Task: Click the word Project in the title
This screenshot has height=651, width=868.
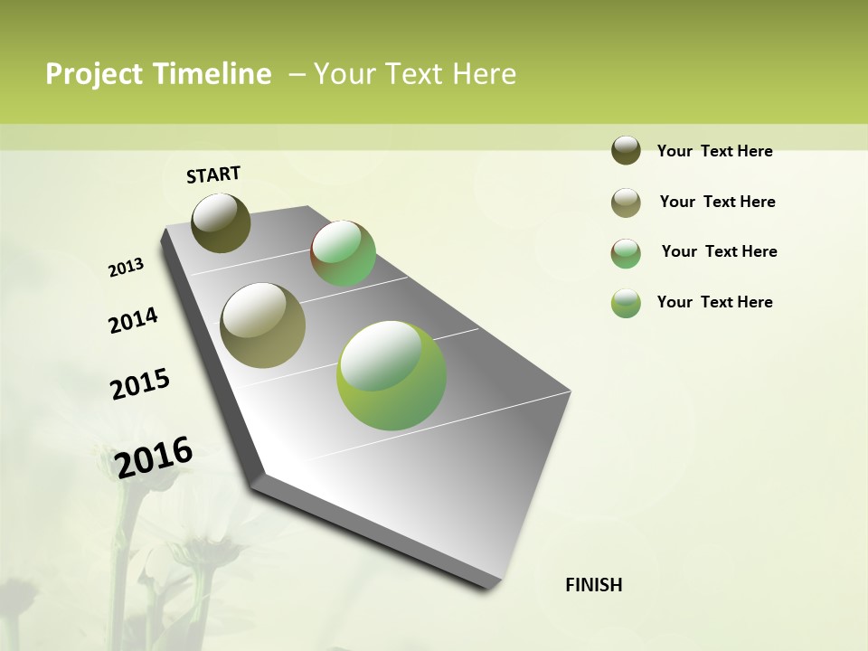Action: click(92, 75)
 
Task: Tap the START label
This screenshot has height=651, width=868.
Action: click(213, 175)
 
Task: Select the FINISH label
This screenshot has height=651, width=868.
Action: click(594, 585)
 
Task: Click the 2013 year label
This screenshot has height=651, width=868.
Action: click(126, 268)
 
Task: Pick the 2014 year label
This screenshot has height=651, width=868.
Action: click(133, 320)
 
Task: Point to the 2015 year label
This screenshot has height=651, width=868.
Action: click(140, 383)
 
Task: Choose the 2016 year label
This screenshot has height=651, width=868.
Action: click(154, 457)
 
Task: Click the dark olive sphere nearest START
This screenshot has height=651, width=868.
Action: click(221, 222)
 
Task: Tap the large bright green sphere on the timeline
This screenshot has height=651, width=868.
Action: click(392, 375)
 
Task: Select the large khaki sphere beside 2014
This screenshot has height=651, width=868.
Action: click(263, 325)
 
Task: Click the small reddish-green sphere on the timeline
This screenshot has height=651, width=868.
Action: click(344, 253)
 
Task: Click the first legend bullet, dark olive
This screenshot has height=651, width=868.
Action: click(626, 151)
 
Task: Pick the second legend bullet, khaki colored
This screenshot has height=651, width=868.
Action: click(626, 203)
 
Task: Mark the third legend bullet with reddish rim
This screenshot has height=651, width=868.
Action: click(626, 253)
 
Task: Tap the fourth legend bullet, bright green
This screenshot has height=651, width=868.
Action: click(626, 303)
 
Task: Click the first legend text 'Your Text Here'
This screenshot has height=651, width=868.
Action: click(714, 152)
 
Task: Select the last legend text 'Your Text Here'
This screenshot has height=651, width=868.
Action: click(714, 302)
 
